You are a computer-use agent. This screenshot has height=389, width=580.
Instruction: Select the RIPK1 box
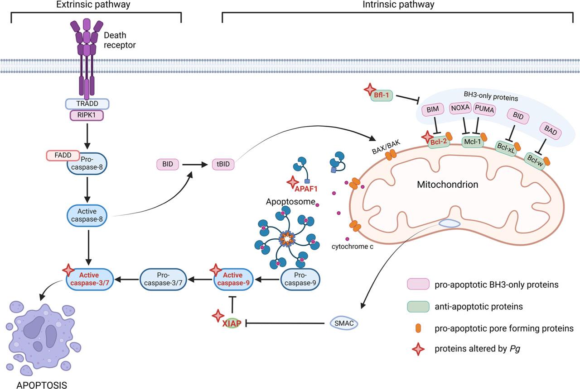[x=87, y=115]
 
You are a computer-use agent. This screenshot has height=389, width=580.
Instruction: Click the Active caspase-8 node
[x=87, y=216]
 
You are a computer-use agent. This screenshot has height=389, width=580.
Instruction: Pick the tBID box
[x=222, y=164]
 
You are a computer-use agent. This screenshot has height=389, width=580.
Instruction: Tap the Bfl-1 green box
[x=382, y=95]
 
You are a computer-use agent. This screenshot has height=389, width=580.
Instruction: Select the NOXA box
[x=460, y=108]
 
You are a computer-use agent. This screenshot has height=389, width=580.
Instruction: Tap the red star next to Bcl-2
[x=427, y=137]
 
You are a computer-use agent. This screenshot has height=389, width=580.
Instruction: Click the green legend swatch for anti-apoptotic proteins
[x=418, y=306]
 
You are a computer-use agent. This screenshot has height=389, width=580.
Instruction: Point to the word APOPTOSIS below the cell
[x=41, y=385]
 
